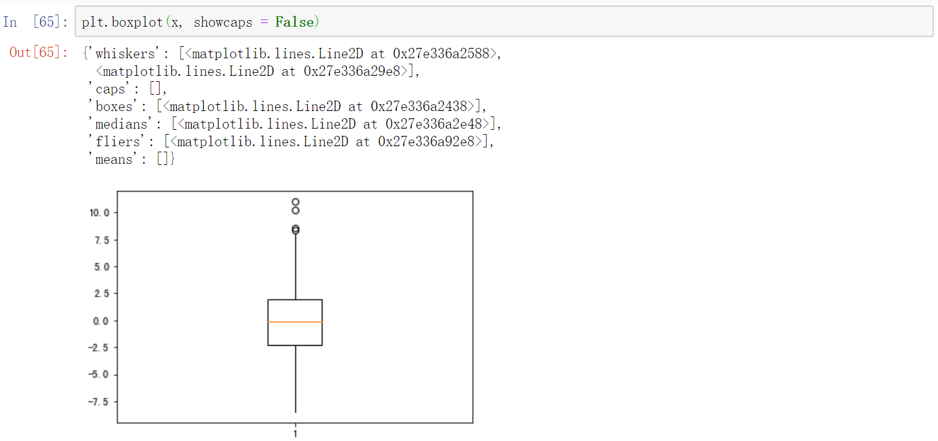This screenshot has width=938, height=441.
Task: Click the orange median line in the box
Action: click(x=295, y=321)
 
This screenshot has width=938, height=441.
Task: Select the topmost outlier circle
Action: click(x=295, y=202)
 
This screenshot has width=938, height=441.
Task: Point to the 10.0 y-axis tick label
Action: click(x=100, y=213)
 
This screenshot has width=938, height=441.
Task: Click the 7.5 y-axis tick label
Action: click(x=101, y=240)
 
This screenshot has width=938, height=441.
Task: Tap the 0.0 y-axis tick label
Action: click(x=101, y=321)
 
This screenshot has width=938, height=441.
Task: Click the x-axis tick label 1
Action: click(x=295, y=433)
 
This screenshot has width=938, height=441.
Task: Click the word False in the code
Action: click(x=294, y=22)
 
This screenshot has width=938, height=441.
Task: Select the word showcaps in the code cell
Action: click(x=223, y=23)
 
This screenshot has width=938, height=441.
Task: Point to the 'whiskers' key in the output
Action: click(x=125, y=53)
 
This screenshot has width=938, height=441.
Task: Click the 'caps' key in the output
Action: click(x=110, y=89)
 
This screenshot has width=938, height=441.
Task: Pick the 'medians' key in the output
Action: click(x=121, y=124)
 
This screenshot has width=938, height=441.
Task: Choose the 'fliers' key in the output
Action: click(x=118, y=141)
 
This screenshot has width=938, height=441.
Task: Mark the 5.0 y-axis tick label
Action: click(x=101, y=267)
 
